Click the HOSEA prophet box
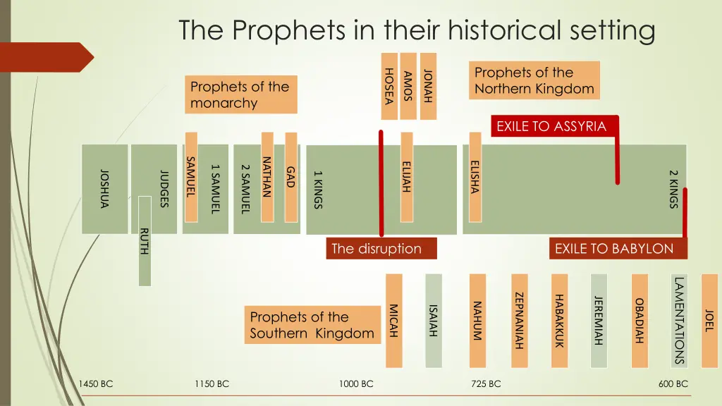[x=388, y=86]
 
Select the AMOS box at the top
[x=408, y=86]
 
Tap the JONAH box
[x=428, y=86]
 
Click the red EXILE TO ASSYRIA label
[x=551, y=127]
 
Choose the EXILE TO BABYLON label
[x=614, y=249]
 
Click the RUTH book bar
[x=145, y=242]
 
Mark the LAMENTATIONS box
[x=680, y=321]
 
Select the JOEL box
[x=709, y=321]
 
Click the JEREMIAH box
[x=599, y=321]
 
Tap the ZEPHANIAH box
[x=520, y=321]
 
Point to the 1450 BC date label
[x=96, y=384]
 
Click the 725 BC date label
[x=486, y=384]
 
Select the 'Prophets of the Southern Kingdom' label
[x=312, y=325]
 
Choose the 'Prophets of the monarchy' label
[x=240, y=94]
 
